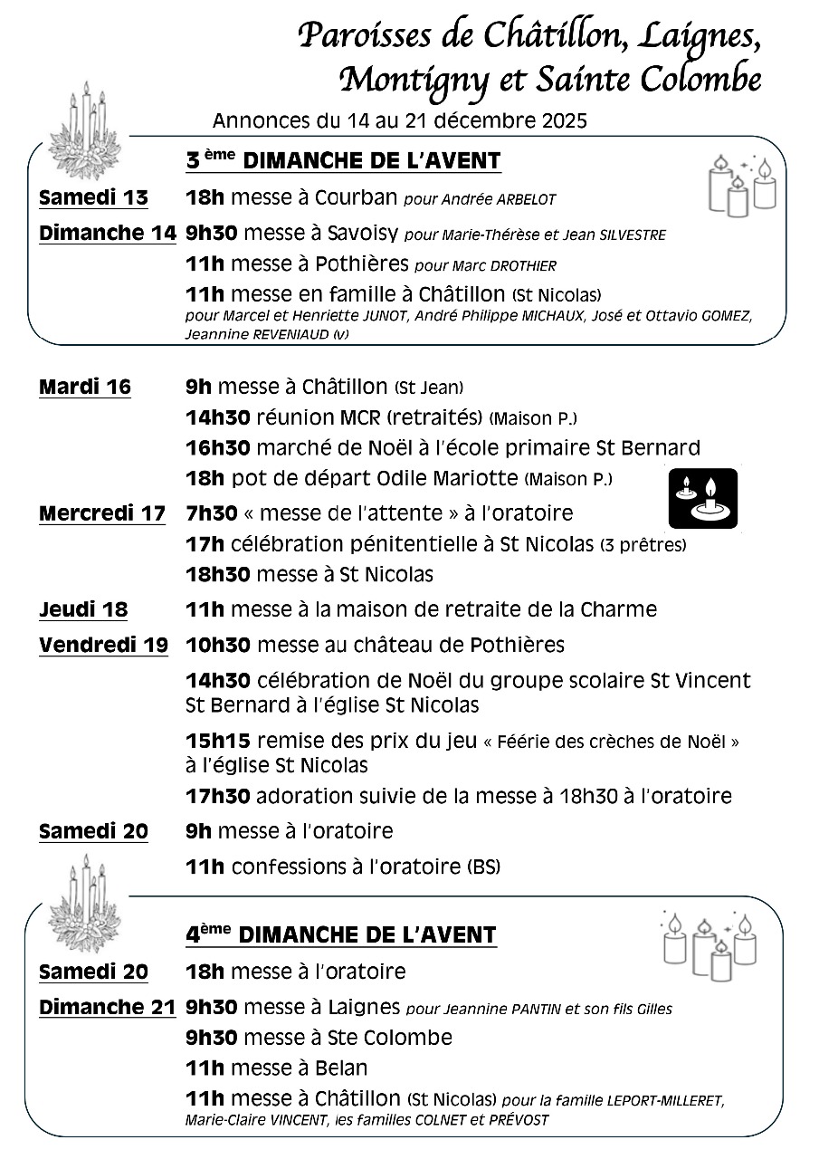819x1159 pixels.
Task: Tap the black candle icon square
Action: (x=703, y=497)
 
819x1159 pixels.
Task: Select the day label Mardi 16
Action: (x=85, y=388)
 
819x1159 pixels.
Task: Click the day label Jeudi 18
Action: (x=83, y=609)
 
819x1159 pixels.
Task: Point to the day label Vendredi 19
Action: (x=103, y=646)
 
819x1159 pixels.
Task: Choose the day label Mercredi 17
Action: (x=102, y=513)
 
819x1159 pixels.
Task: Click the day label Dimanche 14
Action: (x=107, y=234)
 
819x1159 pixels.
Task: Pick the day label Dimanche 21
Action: (x=107, y=1007)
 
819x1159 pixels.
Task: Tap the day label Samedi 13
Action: (x=94, y=198)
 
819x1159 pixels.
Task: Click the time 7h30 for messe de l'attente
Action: (x=211, y=513)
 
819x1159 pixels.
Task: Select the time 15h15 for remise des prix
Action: (x=217, y=741)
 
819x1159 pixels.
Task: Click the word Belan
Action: (x=341, y=1068)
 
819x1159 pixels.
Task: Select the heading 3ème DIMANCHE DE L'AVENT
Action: (x=343, y=161)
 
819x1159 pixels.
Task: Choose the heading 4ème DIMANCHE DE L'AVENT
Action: (x=341, y=934)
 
